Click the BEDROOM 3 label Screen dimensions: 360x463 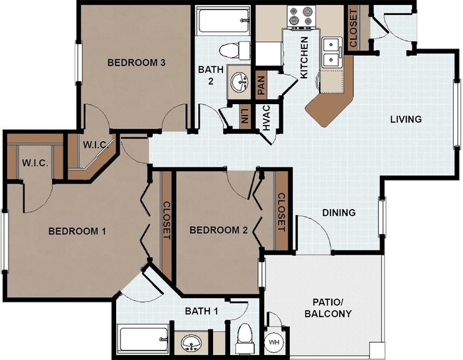tap(136, 63)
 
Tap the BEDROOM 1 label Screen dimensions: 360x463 tap(77, 231)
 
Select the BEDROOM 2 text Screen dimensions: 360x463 tap(219, 230)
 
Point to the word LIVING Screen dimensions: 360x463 tap(406, 119)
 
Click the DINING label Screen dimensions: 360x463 tap(339, 212)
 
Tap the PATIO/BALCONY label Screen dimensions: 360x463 tap(328, 307)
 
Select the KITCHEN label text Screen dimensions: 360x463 tap(304, 56)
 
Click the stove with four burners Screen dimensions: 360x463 tap(300, 14)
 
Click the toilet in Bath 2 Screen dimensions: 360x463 tap(231, 49)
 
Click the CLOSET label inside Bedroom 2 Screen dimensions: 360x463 tap(281, 212)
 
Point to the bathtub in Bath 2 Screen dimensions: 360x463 tap(222, 21)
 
